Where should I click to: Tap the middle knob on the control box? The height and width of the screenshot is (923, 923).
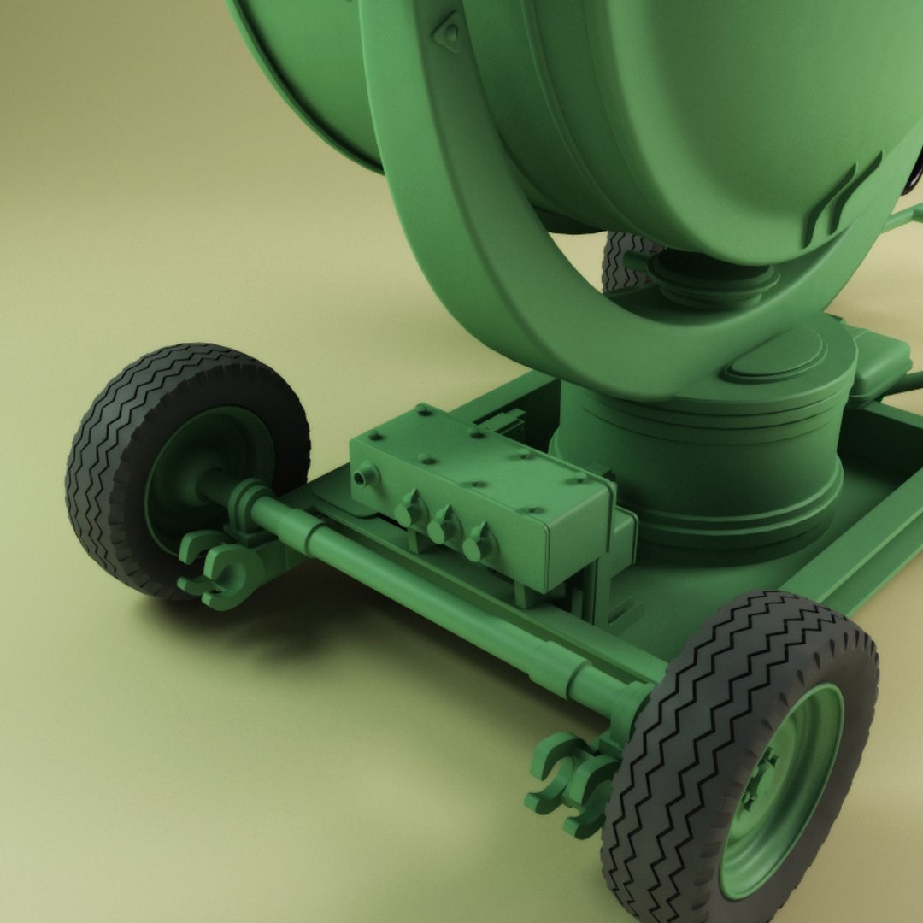444,526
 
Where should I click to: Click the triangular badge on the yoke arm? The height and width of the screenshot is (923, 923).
448,33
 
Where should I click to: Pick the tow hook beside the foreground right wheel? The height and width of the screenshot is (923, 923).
568,782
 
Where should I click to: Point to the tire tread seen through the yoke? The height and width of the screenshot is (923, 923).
624,261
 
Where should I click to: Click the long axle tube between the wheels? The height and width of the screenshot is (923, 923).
444,598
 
